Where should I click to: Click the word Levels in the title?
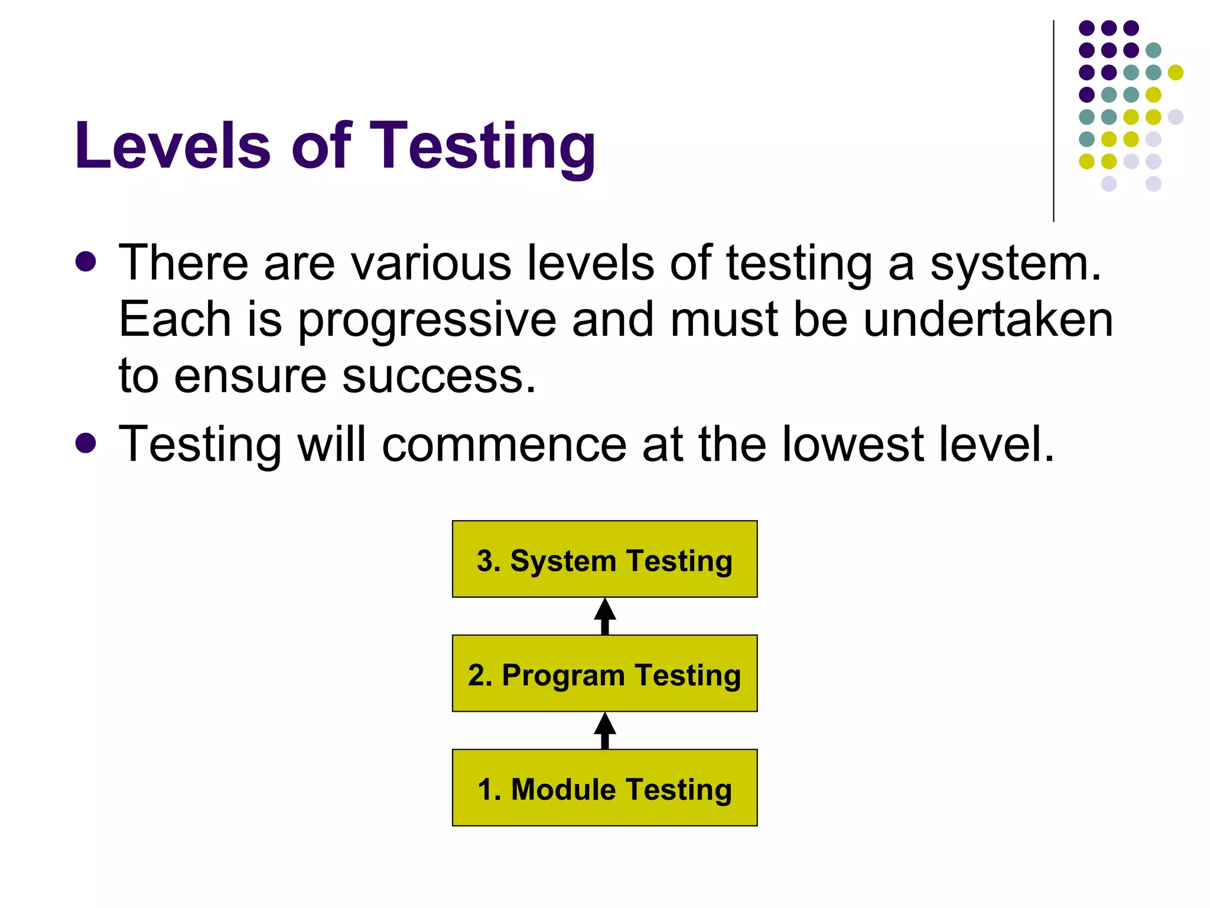(x=173, y=145)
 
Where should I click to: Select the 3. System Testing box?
(x=604, y=559)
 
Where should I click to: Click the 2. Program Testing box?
(x=604, y=673)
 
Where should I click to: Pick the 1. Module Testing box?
(x=604, y=788)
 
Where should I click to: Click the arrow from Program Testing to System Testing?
(x=604, y=616)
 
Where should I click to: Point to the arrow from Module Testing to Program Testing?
(x=604, y=731)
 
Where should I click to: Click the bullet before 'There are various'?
(x=86, y=262)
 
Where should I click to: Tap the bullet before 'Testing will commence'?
(x=86, y=443)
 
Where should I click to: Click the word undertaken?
(x=988, y=320)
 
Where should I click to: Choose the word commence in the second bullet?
(x=504, y=444)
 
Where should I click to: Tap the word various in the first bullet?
(x=431, y=263)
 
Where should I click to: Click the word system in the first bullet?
(x=1015, y=264)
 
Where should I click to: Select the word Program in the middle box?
(x=563, y=676)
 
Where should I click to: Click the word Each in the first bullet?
(x=175, y=320)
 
